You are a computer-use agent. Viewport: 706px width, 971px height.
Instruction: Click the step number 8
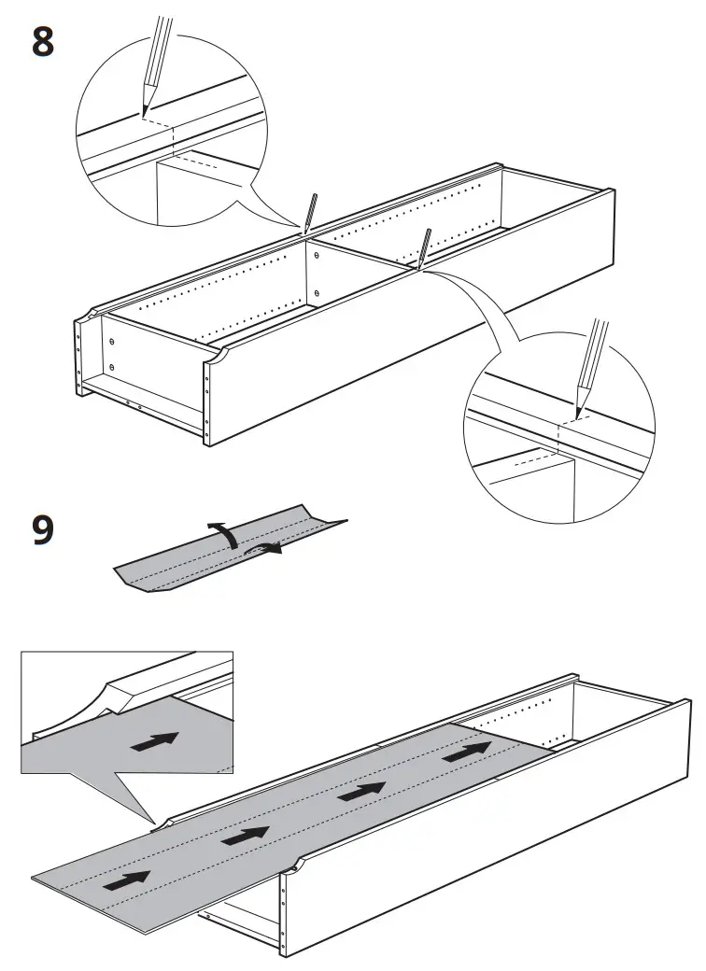43,42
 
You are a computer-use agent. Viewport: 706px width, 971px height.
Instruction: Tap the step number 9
43,529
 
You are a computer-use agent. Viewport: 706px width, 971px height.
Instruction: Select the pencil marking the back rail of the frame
309,215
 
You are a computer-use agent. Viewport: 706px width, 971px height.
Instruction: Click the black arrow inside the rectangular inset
154,742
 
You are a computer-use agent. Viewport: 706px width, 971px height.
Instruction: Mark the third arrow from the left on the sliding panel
362,791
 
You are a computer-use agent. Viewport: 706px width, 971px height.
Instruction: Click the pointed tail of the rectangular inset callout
154,821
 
